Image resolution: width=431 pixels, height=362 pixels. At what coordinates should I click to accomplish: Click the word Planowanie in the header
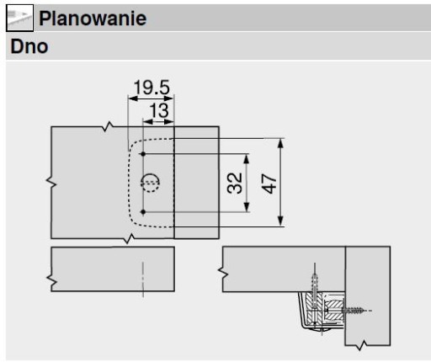pyautogui.click(x=93, y=19)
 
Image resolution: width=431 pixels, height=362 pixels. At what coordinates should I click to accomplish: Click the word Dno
pyautogui.click(x=29, y=46)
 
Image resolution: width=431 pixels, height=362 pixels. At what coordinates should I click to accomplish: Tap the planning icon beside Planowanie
pyautogui.click(x=19, y=18)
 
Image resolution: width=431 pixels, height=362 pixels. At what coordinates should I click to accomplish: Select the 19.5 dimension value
pyautogui.click(x=152, y=88)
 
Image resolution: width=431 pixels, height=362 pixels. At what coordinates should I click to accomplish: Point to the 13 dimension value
pyautogui.click(x=159, y=110)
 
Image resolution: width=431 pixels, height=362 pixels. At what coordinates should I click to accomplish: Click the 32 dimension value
pyautogui.click(x=235, y=183)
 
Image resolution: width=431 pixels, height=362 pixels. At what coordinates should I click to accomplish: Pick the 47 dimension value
pyautogui.click(x=269, y=184)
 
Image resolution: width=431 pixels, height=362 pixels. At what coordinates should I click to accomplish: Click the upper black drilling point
pyautogui.click(x=143, y=154)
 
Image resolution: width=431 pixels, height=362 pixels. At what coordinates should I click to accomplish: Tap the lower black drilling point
pyautogui.click(x=143, y=212)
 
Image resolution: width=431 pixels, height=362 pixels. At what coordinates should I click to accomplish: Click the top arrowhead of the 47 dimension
pyautogui.click(x=280, y=144)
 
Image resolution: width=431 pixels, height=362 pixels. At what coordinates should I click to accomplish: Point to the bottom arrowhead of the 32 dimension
pyautogui.click(x=247, y=207)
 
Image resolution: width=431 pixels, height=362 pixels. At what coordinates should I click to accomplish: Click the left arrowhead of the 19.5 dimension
pyautogui.click(x=133, y=98)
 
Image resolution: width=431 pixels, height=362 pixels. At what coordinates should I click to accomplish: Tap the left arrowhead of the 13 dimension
pyautogui.click(x=148, y=122)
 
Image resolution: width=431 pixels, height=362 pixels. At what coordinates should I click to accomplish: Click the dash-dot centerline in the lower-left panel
pyautogui.click(x=143, y=279)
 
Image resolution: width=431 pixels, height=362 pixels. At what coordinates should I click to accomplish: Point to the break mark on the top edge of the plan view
pyautogui.click(x=108, y=126)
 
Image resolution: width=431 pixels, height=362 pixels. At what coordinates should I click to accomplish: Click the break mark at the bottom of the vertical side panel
pyautogui.click(x=362, y=345)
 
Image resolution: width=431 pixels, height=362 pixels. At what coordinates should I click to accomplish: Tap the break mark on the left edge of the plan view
pyautogui.click(x=51, y=182)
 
